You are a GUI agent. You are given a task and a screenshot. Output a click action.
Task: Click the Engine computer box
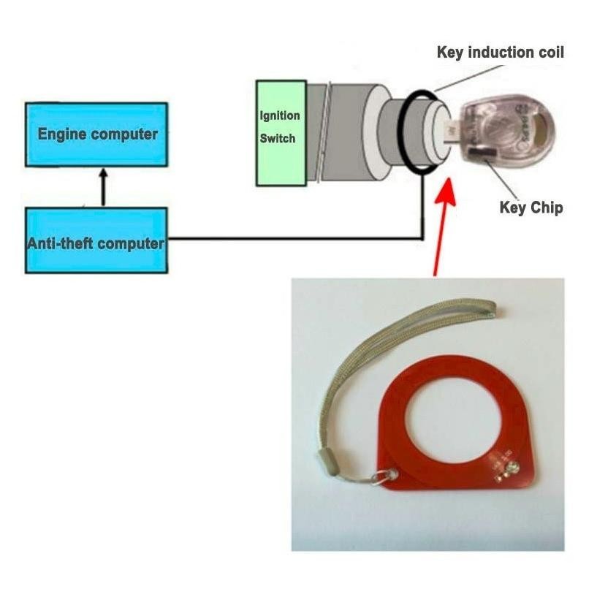click(x=96, y=134)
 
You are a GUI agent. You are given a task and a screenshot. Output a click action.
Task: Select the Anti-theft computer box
click(x=96, y=241)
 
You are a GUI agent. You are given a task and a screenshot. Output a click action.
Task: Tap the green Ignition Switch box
click(x=281, y=132)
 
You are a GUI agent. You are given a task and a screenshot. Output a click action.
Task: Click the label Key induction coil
click(x=500, y=53)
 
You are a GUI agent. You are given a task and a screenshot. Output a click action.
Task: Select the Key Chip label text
click(x=531, y=208)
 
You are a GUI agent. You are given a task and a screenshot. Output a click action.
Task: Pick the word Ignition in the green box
click(x=280, y=116)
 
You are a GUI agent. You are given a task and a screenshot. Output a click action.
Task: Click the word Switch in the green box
click(x=278, y=138)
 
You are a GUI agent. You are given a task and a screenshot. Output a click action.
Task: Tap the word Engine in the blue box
click(x=61, y=134)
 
